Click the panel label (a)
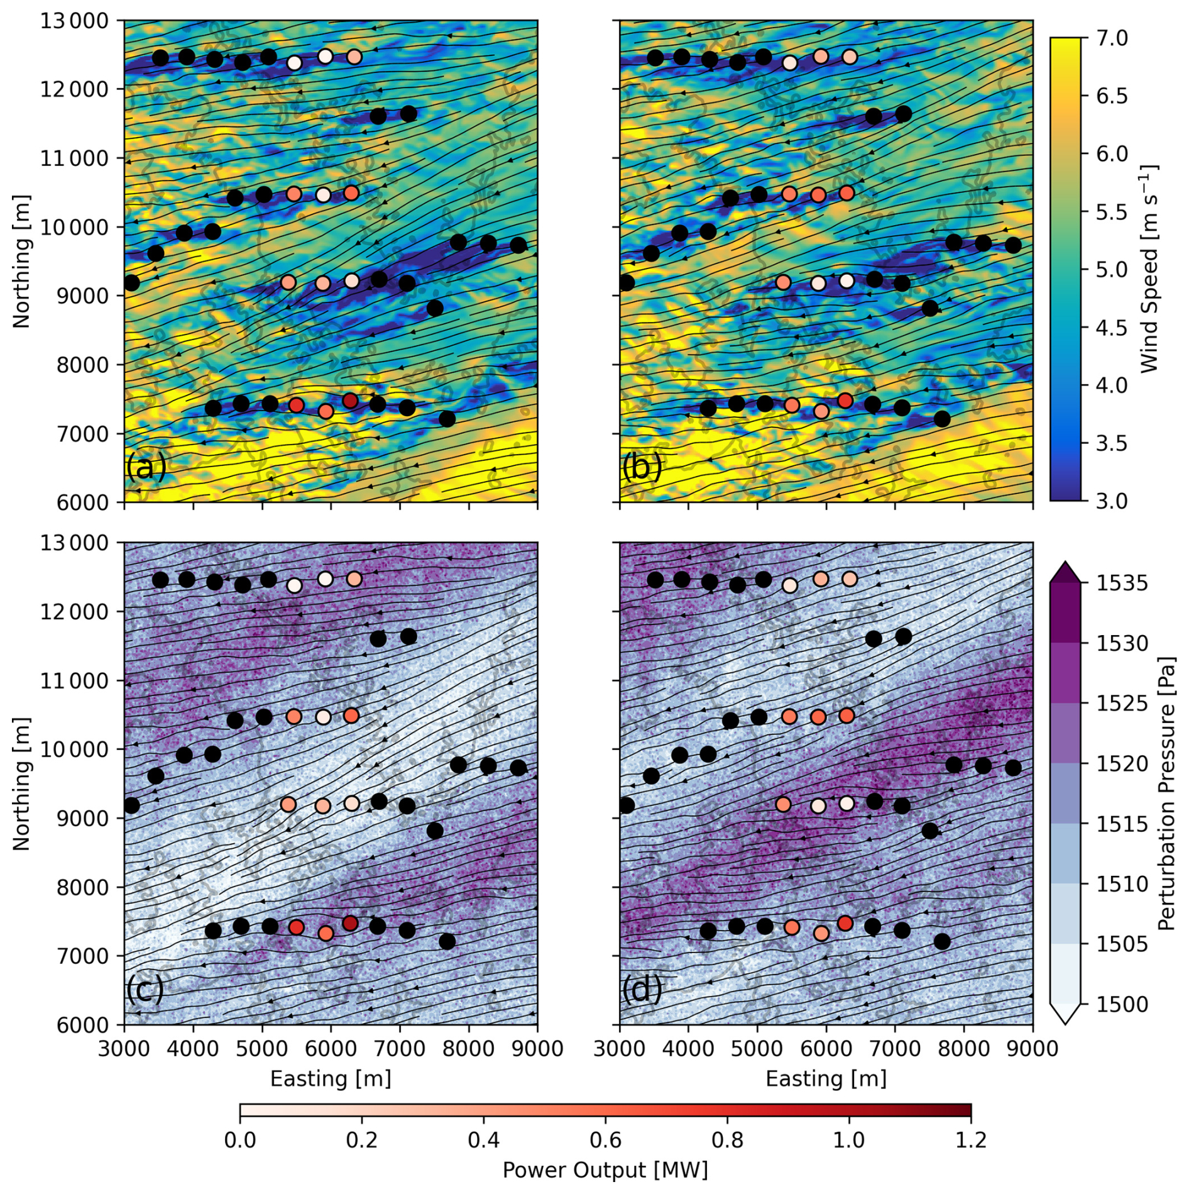point(146,467)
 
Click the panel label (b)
point(642,467)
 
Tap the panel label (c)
point(145,989)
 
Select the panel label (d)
point(642,989)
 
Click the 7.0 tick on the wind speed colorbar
point(1112,38)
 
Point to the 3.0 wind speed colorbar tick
point(1112,501)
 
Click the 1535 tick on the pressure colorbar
point(1122,583)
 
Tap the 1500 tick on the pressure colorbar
point(1122,1004)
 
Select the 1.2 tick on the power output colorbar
point(971,1139)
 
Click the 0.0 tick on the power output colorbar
point(240,1139)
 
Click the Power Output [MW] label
point(605,1170)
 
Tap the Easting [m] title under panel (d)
point(826,1079)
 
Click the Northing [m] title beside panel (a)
point(21,262)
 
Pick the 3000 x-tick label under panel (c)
point(124,1049)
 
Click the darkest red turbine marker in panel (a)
point(351,401)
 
